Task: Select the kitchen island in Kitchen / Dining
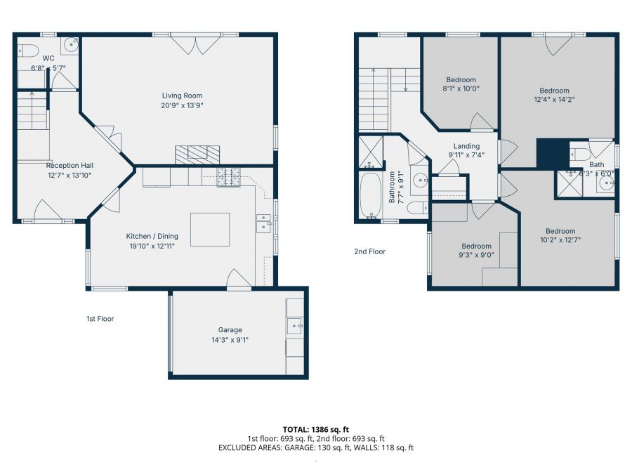(209, 229)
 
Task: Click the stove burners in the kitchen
(228, 178)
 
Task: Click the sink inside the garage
(295, 325)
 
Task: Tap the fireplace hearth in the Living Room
(197, 153)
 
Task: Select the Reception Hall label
(69, 166)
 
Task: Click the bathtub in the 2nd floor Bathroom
(369, 197)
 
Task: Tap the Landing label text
(466, 146)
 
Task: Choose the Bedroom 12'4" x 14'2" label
(554, 91)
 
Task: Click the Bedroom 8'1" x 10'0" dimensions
(461, 89)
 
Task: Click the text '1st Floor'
(100, 319)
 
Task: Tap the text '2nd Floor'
(369, 251)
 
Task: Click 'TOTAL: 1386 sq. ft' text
(315, 428)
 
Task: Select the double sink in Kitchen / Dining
(264, 223)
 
